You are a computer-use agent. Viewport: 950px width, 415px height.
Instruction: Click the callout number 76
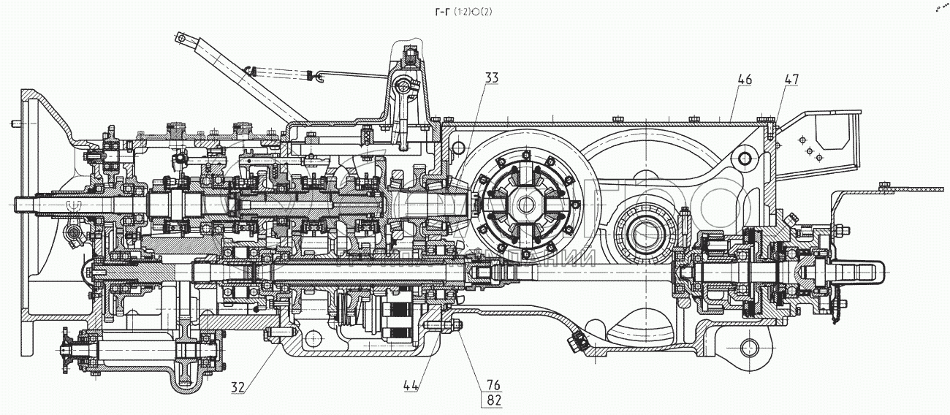491,384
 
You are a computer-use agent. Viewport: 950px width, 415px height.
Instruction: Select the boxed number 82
491,400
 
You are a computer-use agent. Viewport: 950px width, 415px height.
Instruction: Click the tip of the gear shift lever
181,37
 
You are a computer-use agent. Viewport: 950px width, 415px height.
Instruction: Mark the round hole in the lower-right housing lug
750,346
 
